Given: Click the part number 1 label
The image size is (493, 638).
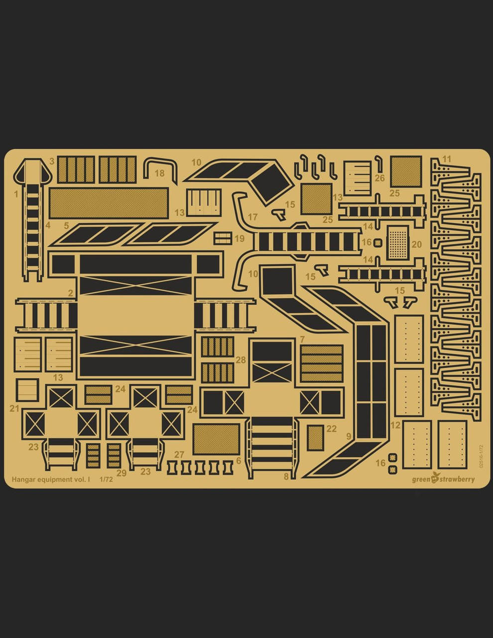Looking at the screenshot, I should pos(16,193).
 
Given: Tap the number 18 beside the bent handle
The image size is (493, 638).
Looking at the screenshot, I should pos(159,173).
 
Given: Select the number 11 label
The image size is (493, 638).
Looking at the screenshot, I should pos(447,159).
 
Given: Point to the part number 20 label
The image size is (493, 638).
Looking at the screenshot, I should pos(416,244).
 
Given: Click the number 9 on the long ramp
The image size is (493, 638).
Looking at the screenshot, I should pos(349,437).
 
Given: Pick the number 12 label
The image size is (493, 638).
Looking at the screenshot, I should pos(395,425).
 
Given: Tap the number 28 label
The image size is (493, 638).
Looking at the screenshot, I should pos(241,360).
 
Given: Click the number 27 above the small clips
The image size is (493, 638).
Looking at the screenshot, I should pos(179,455).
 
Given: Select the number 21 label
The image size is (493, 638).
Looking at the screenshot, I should pos(14,409).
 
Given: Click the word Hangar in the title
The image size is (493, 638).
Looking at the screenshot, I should pos(24,479).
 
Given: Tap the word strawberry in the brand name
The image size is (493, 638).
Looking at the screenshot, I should pos(457,479).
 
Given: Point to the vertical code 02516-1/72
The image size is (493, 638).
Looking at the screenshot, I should pos(481,456).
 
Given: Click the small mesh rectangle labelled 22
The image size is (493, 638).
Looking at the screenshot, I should pos(315,437).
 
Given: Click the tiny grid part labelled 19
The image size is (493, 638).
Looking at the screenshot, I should pos(223,238).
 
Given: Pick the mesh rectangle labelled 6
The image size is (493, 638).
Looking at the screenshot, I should pos(216,439).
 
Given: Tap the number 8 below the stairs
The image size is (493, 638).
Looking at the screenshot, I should pos(286,477).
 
